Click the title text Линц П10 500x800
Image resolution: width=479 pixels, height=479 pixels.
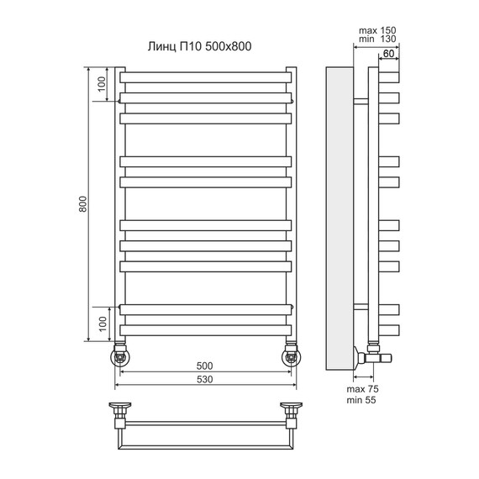coord(199,46)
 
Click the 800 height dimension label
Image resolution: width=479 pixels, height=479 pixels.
coord(83,204)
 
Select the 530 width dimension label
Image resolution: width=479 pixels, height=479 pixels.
coord(204,379)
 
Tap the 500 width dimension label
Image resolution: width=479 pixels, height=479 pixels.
coord(204,366)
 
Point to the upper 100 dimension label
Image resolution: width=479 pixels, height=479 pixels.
coord(101,84)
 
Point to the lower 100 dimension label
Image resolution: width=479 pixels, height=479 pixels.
coord(103,324)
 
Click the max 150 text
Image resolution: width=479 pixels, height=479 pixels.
coord(377,30)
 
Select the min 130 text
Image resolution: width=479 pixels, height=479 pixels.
coord(377,39)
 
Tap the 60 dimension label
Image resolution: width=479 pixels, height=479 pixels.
coord(388,54)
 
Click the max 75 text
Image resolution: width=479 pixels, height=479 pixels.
coord(362,389)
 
